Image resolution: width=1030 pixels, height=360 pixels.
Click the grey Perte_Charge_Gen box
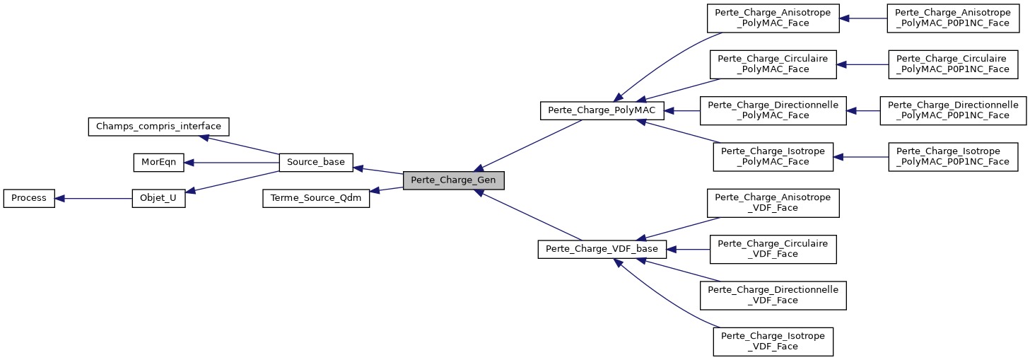pyautogui.click(x=453, y=180)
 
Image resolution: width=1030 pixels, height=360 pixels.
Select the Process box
pyautogui.click(x=29, y=198)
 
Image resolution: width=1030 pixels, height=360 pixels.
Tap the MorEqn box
pyautogui.click(x=158, y=163)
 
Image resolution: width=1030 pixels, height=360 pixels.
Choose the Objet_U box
pyautogui.click(x=158, y=198)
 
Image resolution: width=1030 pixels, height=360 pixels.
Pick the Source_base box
pyautogui.click(x=315, y=163)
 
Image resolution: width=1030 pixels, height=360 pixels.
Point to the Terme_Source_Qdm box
pyautogui.click(x=315, y=198)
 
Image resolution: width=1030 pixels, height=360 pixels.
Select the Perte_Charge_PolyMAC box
pyautogui.click(x=602, y=110)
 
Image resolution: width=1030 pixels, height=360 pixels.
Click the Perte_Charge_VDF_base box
pyautogui.click(x=602, y=249)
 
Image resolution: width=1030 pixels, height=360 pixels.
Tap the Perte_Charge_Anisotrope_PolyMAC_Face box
pyautogui.click(x=773, y=18)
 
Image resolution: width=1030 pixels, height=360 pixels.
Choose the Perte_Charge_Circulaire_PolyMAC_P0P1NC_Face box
pyautogui.click(x=952, y=64)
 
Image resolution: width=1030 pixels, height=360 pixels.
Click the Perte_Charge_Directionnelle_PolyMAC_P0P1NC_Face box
pyautogui.click(x=952, y=110)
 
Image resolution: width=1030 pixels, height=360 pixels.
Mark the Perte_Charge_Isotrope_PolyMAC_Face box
pyautogui.click(x=773, y=156)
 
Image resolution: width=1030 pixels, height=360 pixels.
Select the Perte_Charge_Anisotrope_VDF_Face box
pyautogui.click(x=773, y=202)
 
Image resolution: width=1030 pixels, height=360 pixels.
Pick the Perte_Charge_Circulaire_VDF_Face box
pyautogui.click(x=773, y=249)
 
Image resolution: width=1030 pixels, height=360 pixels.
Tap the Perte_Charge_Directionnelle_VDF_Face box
pyautogui.click(x=773, y=295)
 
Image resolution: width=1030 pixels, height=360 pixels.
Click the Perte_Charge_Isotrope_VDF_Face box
pyautogui.click(x=773, y=341)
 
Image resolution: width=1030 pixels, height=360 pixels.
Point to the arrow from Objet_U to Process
pyautogui.click(x=93, y=198)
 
